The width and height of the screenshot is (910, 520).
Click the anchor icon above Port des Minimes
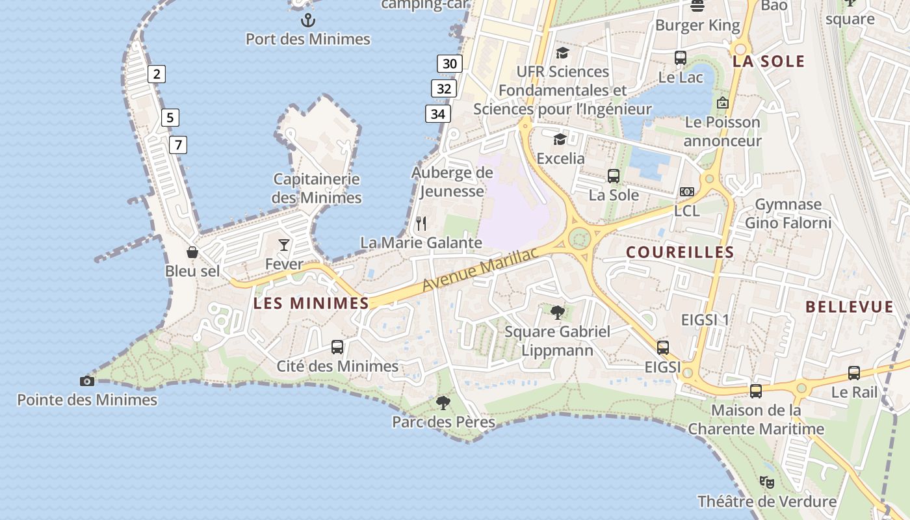click(x=308, y=20)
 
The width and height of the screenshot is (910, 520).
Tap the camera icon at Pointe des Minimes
click(x=86, y=381)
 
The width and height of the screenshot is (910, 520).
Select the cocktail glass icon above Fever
click(x=284, y=245)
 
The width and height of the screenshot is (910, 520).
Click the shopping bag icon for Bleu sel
click(x=192, y=252)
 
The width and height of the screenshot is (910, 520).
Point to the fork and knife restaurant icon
click(x=421, y=224)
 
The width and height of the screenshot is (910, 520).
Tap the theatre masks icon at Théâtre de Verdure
click(x=767, y=482)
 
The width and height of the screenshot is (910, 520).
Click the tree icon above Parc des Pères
click(x=443, y=403)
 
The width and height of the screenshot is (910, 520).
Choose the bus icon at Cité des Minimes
click(x=337, y=347)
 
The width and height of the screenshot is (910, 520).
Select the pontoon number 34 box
click(x=438, y=114)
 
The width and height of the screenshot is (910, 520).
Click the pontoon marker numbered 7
click(x=178, y=144)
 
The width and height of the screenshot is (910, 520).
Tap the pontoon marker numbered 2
click(x=156, y=74)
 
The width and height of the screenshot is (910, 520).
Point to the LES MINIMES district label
click(x=311, y=303)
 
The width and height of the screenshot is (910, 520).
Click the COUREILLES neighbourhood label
click(x=680, y=252)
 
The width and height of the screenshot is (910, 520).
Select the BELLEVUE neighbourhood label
click(x=850, y=307)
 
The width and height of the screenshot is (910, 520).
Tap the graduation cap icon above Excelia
click(x=560, y=139)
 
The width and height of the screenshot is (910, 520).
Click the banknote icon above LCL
click(x=687, y=192)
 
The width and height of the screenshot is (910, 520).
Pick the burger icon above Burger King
click(x=697, y=6)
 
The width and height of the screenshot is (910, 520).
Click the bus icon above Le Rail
click(x=854, y=373)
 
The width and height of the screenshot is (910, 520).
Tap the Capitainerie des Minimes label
click(x=317, y=188)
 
